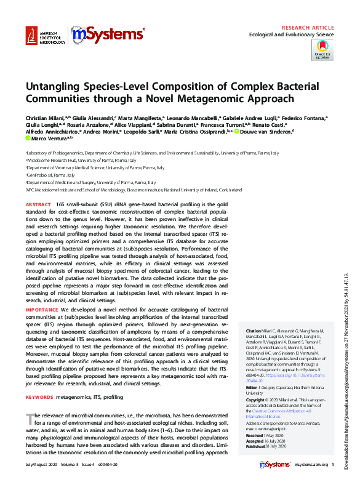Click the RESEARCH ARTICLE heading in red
point(308,28)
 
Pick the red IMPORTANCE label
point(42,308)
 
